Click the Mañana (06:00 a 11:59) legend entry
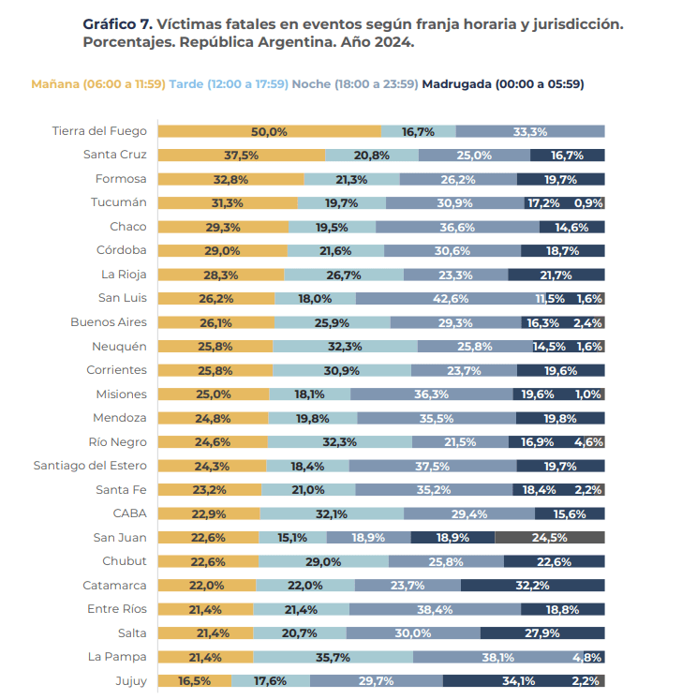[98, 84]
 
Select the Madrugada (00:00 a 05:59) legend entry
[503, 84]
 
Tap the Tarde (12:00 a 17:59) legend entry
[229, 84]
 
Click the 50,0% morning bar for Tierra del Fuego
[269, 131]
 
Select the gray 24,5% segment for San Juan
[549, 537]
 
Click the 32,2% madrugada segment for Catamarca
[532, 585]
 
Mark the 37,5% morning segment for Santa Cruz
[241, 155]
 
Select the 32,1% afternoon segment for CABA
[332, 513]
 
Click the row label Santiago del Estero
[90, 466]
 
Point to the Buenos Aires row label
[109, 322]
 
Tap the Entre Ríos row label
[119, 609]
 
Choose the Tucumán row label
[119, 202]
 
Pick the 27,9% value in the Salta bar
[541, 633]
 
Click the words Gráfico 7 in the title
[117, 23]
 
